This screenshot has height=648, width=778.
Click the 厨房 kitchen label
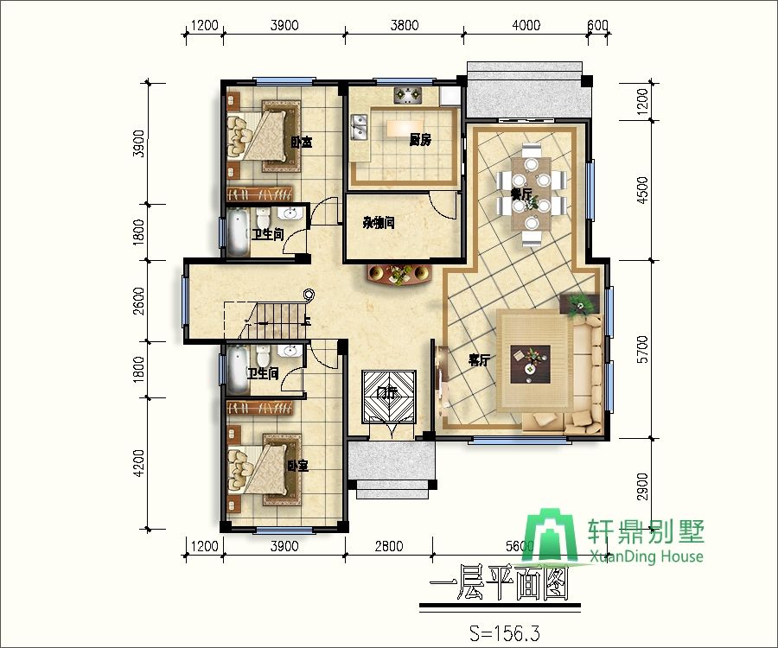click(x=420, y=139)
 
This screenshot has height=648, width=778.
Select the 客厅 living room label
click(x=480, y=360)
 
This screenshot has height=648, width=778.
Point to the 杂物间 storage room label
click(x=379, y=223)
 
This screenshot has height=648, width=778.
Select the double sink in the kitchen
click(x=359, y=131)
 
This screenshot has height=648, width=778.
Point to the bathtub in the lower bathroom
click(x=235, y=370)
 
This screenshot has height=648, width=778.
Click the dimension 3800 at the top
click(x=404, y=25)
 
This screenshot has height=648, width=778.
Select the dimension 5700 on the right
click(x=641, y=350)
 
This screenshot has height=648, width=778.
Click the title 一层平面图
click(x=499, y=589)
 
